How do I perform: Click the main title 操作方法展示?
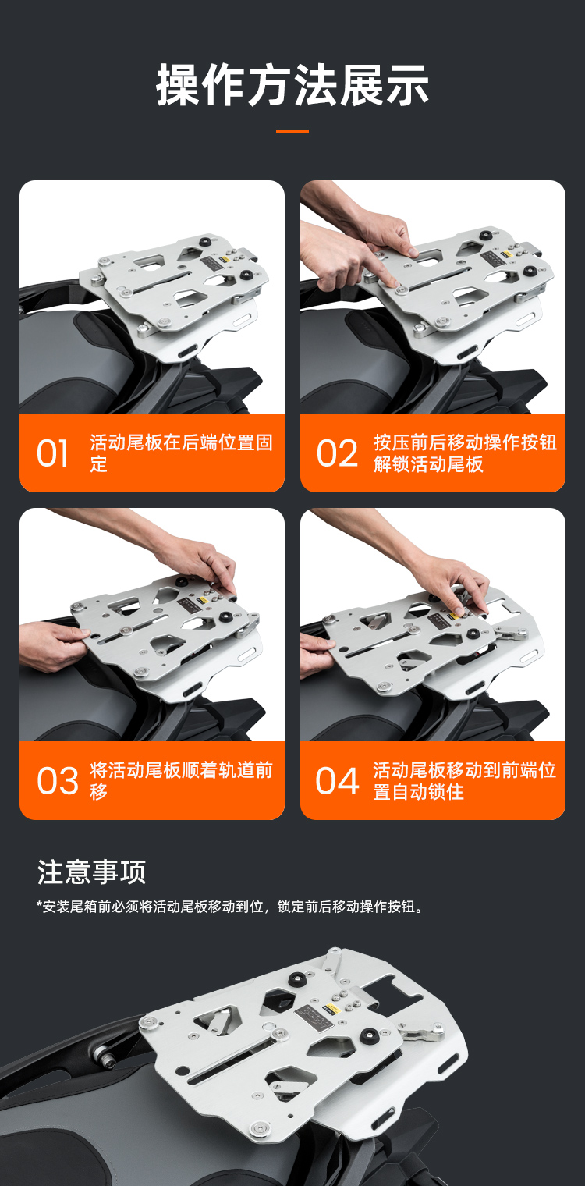[x=292, y=85]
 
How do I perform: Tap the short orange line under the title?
[x=292, y=132]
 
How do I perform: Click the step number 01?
[x=52, y=454]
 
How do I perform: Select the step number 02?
[x=337, y=454]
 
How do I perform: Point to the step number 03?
[x=58, y=781]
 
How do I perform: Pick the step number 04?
[x=337, y=781]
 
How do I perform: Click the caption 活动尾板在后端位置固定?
[x=181, y=453]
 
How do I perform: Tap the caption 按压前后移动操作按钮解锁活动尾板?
[x=465, y=453]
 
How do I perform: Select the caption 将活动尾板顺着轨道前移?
[x=181, y=780]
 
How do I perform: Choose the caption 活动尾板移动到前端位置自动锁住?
[x=464, y=780]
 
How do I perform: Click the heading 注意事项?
[x=91, y=872]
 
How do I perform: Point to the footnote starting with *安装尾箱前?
[x=230, y=907]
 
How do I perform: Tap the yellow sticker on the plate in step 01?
[x=224, y=259]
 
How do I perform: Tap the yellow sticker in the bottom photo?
[x=329, y=1005]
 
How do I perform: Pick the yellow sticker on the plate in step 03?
[x=201, y=602]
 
